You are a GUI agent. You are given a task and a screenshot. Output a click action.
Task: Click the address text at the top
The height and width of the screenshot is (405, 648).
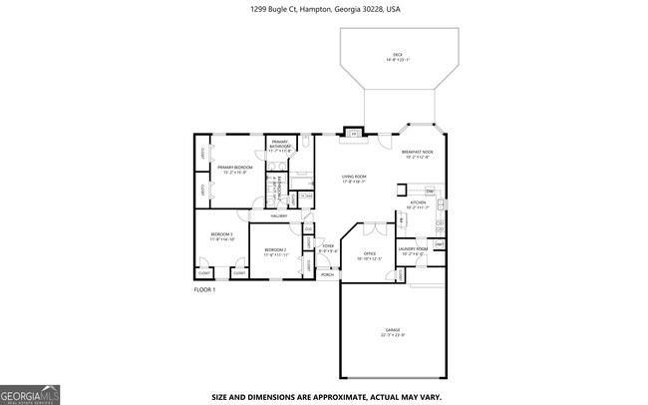tap(324, 9)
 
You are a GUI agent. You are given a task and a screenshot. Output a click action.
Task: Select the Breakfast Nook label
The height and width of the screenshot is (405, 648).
tap(418, 154)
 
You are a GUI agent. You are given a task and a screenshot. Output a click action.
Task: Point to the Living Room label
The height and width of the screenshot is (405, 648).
tap(355, 179)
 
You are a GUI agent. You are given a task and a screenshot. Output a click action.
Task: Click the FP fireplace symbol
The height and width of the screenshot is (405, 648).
tap(353, 133)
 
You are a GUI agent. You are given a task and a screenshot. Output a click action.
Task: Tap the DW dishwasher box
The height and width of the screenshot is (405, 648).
tap(430, 191)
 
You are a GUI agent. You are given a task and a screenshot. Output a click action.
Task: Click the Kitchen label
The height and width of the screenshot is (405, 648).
tap(418, 204)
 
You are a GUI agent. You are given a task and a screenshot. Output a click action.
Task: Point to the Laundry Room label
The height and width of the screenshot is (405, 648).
tap(413, 250)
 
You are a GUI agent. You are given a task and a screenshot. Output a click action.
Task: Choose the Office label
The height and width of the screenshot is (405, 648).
tap(369, 255)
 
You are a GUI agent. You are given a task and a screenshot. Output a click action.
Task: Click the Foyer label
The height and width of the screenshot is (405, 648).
tap(327, 247)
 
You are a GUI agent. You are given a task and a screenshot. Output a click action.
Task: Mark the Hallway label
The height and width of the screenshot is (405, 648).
tap(278, 215)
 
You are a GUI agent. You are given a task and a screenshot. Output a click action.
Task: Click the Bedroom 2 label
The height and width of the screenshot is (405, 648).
tap(275, 251)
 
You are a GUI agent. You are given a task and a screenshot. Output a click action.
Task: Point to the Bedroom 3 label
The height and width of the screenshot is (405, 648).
tap(221, 236)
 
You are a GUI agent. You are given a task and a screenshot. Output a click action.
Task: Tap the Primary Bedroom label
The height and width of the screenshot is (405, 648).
tap(235, 169)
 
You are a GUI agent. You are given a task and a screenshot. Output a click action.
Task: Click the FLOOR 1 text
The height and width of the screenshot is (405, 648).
tap(204, 289)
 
